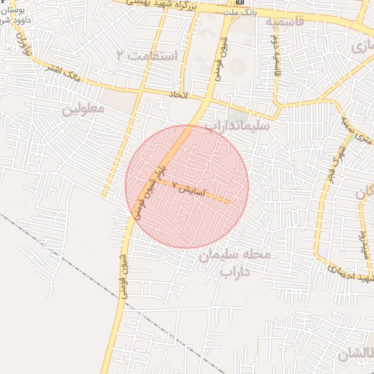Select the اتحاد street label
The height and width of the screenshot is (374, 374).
click(180, 96)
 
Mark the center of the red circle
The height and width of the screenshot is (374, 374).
click(187, 187)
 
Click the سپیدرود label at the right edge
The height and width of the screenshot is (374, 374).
click(361, 242)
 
